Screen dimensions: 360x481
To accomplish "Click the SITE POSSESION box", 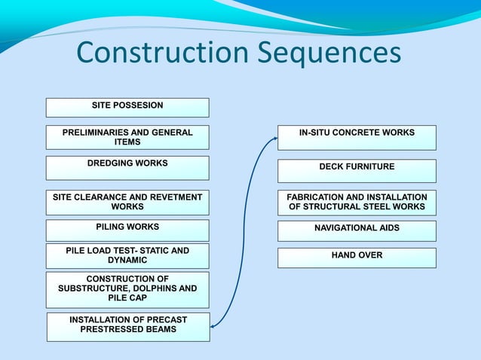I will point(127,107).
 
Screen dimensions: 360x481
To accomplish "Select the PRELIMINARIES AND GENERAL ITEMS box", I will point(127,137).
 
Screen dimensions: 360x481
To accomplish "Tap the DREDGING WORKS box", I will point(127,167).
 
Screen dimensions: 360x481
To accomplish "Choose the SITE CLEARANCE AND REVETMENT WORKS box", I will point(127,202).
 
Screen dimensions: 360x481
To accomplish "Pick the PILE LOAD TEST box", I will point(127,255).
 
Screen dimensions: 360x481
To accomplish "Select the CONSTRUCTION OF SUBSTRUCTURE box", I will point(127,288).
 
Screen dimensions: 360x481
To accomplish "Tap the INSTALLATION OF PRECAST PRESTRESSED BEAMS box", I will point(128,325).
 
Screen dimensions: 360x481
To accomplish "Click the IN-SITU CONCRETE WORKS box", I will point(357,137).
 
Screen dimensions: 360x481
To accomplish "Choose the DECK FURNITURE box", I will point(357,170).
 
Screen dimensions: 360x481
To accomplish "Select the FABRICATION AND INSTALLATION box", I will point(357,202).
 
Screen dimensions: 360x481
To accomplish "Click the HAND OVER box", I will point(357,257).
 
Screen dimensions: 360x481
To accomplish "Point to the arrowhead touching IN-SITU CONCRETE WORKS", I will point(274,138).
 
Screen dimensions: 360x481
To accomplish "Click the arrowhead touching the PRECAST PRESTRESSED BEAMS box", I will point(214,326).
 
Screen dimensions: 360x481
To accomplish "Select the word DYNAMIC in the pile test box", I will point(127,261).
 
